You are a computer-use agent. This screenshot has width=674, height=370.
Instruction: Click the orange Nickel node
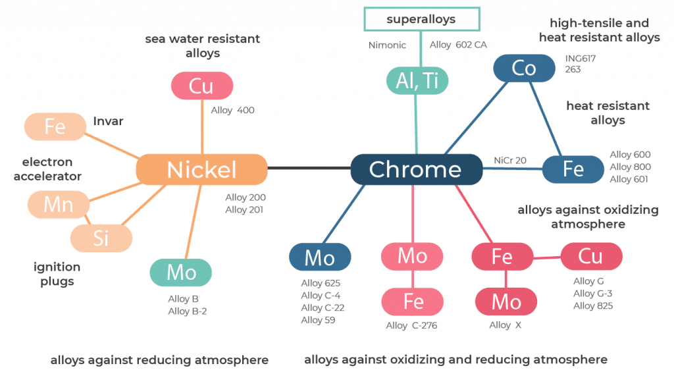(201, 170)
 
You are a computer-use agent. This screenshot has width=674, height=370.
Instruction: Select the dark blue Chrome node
(415, 169)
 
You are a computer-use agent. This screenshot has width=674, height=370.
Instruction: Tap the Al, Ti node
(417, 80)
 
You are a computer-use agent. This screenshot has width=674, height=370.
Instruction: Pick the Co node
(524, 68)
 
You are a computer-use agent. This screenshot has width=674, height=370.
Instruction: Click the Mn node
(59, 204)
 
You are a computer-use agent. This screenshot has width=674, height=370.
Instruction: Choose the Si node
(101, 238)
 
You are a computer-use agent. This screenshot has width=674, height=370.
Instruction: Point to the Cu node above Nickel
(201, 86)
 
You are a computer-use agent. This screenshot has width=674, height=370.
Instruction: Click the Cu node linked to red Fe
(591, 256)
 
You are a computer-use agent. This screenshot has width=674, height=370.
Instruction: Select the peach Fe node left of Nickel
(55, 126)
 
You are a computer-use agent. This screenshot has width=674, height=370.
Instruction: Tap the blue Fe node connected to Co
(573, 169)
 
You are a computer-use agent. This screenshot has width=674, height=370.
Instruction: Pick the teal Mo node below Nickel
(180, 273)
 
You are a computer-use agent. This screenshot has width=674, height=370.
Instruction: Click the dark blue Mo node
(320, 258)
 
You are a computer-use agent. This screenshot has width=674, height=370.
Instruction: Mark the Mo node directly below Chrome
(413, 255)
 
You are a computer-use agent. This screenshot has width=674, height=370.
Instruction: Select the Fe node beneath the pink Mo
(413, 302)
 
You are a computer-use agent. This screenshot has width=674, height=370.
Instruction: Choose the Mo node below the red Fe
(506, 302)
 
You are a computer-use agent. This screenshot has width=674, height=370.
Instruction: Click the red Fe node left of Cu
(502, 256)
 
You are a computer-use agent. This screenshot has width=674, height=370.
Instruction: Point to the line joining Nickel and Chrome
(308, 169)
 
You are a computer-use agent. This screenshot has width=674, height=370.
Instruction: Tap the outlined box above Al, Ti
(421, 19)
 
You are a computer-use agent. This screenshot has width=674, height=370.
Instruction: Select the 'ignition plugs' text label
(57, 274)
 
